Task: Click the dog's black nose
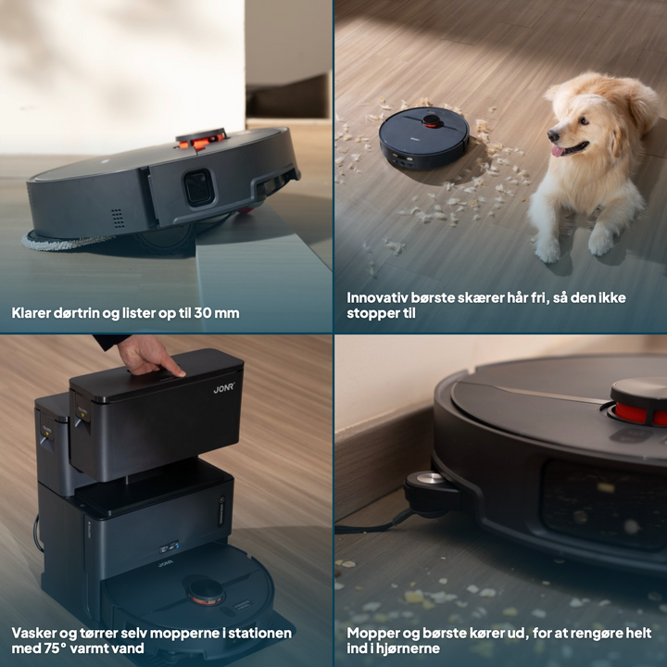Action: coord(553,135)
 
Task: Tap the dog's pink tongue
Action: coord(558,151)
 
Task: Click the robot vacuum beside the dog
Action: coord(424,137)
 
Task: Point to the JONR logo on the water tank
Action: coord(224,388)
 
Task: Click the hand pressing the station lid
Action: coord(149,355)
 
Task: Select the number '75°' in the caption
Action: coord(56,648)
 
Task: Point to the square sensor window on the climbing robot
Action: coord(198,187)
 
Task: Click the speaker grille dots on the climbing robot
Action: coord(118,218)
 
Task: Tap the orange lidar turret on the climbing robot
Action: coord(201,139)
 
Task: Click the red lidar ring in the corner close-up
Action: coord(638,413)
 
